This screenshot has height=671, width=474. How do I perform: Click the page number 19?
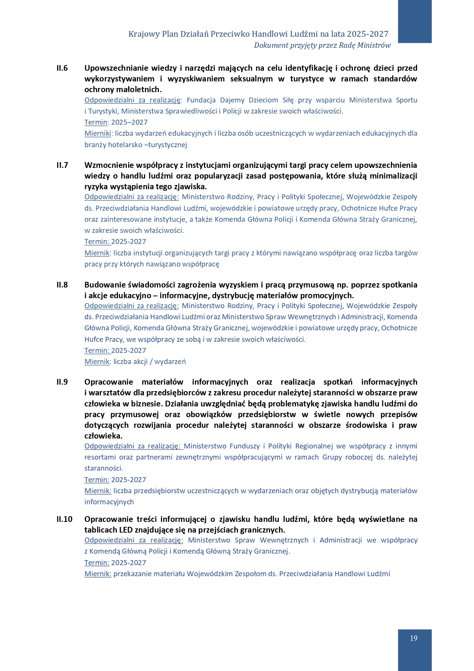click(414, 638)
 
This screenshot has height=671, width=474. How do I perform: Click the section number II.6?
click(62, 68)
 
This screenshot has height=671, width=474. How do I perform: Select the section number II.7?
click(62, 165)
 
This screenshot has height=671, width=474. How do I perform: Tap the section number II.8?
click(62, 285)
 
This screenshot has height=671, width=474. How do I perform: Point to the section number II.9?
click(62, 382)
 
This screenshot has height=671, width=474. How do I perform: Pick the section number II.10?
click(64, 519)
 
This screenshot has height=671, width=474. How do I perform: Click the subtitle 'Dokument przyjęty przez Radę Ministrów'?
click(322, 45)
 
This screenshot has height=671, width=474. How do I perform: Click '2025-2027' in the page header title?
click(370, 34)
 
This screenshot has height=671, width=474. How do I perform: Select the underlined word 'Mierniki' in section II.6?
click(97, 133)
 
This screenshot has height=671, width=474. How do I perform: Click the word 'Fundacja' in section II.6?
click(201, 100)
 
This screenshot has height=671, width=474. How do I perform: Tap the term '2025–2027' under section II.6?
click(129, 122)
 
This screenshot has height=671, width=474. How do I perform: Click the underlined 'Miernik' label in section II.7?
click(97, 253)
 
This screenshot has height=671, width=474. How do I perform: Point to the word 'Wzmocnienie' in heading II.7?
click(108, 165)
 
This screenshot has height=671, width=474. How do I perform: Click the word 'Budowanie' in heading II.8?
click(102, 285)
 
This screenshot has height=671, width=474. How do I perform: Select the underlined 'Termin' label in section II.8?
click(96, 351)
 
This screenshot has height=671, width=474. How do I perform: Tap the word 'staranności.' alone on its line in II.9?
click(104, 468)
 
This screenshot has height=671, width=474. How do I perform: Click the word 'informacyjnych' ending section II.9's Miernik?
click(109, 502)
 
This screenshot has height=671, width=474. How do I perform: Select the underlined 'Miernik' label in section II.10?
click(97, 574)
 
